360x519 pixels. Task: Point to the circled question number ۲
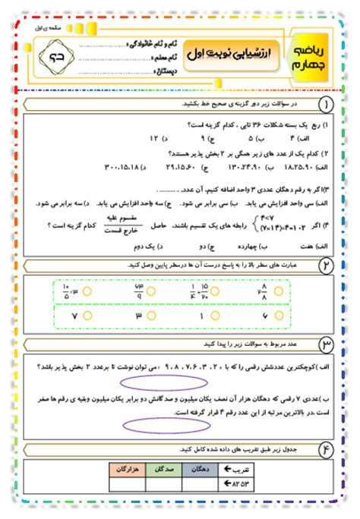click(x=327, y=264)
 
